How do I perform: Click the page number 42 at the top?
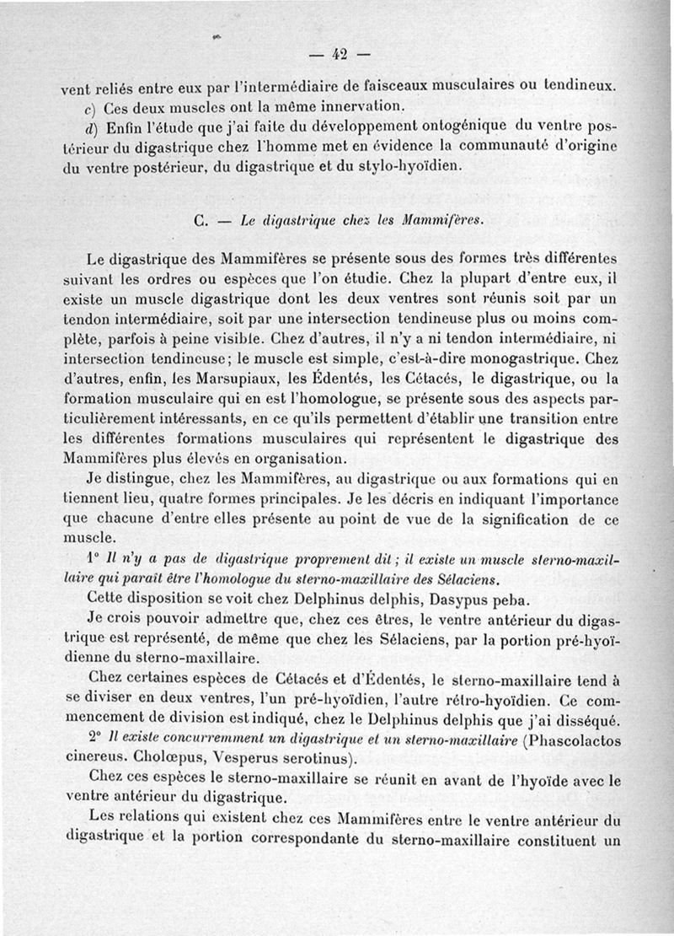click(340, 56)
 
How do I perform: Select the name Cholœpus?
click(163, 757)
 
